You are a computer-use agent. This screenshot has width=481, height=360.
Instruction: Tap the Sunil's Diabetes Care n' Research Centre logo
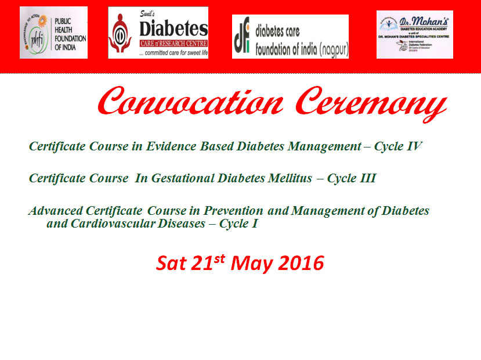[158, 33]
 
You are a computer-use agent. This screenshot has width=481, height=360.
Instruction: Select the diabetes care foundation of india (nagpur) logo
[290, 37]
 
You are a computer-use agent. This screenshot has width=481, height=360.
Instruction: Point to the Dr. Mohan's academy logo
[414, 34]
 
